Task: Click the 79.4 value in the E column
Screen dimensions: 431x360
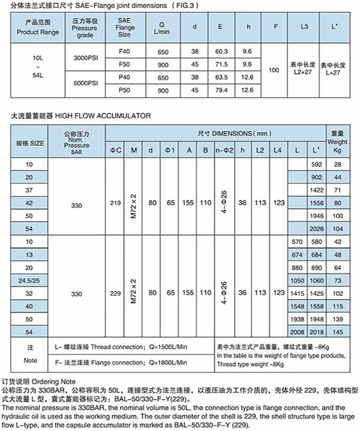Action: [220, 91]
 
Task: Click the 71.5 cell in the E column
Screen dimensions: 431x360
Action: [220, 64]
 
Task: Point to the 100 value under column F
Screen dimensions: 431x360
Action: [274, 71]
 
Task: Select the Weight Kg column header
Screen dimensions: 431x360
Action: [338, 142]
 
